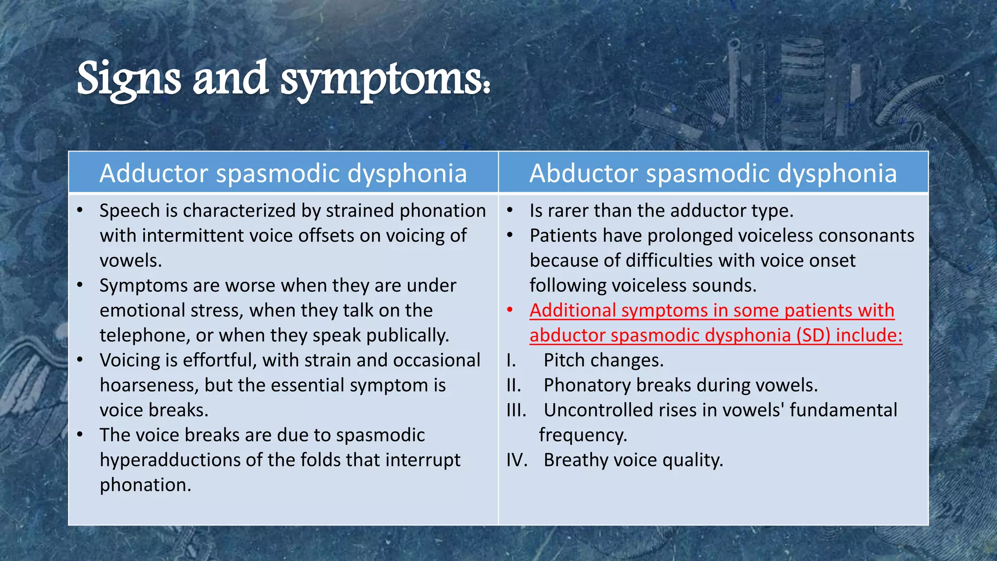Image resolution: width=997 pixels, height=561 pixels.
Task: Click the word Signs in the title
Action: tap(129, 79)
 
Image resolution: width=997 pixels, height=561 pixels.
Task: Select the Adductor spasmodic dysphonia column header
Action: tap(283, 173)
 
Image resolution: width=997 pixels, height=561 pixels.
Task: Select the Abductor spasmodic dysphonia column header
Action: tap(713, 173)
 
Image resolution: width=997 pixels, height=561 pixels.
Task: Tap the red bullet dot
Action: tap(510, 310)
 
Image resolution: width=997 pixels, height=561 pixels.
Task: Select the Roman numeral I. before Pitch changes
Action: tap(511, 361)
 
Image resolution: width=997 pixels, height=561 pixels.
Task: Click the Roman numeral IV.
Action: tap(517, 460)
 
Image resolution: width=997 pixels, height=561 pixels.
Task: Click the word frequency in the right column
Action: tap(582, 435)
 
